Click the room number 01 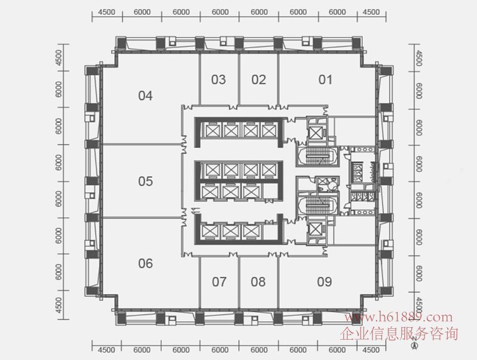325,79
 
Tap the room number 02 258,79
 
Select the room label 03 219,79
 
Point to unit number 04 145,96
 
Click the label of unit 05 145,181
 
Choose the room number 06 145,263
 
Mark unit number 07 219,282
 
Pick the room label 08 258,282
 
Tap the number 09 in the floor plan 324,282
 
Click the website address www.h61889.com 403,318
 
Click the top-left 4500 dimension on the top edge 106,12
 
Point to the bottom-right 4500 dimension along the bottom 371,350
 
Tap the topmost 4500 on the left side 59,58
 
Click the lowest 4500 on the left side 59,304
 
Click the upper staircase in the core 315,156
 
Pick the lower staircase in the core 315,207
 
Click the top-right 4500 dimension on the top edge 371,12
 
